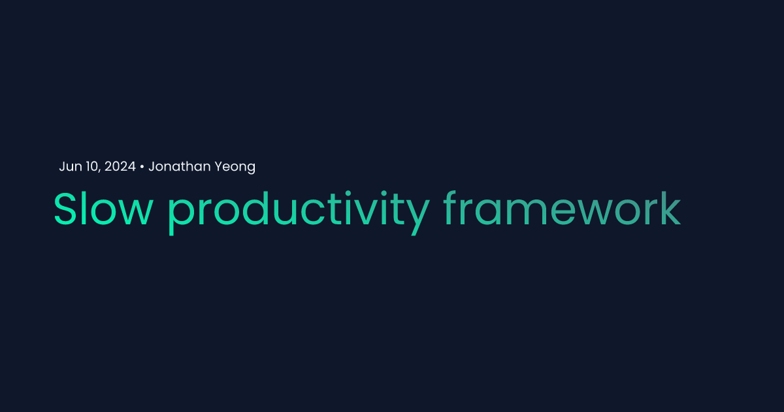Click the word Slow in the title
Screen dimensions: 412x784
click(103, 209)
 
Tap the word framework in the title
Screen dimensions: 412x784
click(562, 209)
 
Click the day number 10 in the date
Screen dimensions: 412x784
click(91, 167)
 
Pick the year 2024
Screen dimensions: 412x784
click(120, 167)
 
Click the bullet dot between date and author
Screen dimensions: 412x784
click(142, 167)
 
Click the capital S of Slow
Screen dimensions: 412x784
click(65, 209)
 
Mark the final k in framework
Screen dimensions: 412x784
click(672, 209)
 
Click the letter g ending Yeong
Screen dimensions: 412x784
click(250, 169)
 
